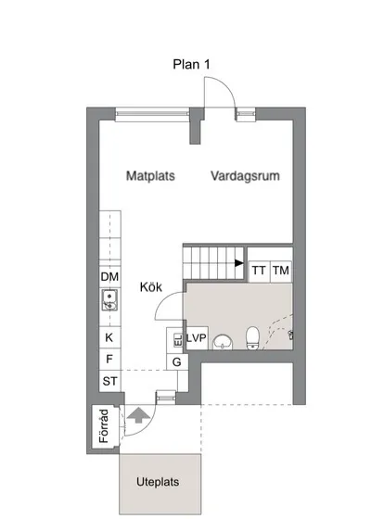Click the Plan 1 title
(x=191, y=64)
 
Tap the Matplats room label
(x=150, y=176)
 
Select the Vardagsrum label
(x=245, y=176)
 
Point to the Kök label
(x=151, y=287)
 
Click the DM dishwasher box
(x=109, y=277)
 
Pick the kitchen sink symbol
(x=109, y=300)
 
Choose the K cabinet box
(x=109, y=337)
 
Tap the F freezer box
(x=109, y=359)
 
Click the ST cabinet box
(x=109, y=381)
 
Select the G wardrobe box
(x=177, y=361)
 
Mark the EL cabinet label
(x=178, y=340)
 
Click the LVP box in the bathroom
(x=197, y=338)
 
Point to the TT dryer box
(x=259, y=271)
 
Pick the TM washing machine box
(x=281, y=271)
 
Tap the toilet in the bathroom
(x=253, y=338)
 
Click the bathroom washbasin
(x=223, y=342)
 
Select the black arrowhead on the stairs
(x=239, y=263)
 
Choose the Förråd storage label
(x=104, y=426)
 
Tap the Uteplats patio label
(x=158, y=482)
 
